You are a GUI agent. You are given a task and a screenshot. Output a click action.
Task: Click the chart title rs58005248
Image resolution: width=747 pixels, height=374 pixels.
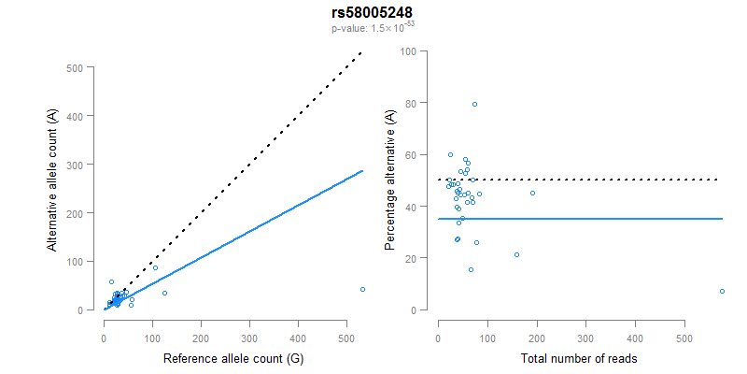point(373,13)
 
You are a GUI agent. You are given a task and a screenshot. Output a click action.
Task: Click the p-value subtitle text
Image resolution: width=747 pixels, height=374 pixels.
point(373,28)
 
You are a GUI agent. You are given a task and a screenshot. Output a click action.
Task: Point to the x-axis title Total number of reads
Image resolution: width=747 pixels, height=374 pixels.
point(579,359)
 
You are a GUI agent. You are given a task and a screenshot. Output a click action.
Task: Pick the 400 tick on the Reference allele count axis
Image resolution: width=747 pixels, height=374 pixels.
point(298,328)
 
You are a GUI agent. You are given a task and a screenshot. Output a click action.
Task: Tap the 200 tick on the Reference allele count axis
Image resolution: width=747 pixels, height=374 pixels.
point(201,328)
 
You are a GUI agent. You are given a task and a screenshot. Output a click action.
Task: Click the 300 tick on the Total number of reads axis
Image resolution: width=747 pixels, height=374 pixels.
point(585,328)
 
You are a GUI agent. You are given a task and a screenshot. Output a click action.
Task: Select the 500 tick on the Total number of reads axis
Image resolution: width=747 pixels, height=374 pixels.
point(684,328)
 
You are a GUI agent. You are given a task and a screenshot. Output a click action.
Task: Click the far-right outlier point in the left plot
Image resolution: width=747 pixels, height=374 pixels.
point(362,289)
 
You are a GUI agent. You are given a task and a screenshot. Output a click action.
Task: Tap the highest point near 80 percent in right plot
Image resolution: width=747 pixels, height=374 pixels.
point(474,104)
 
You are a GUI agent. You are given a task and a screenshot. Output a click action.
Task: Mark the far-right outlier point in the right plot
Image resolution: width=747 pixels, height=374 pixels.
point(722,291)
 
